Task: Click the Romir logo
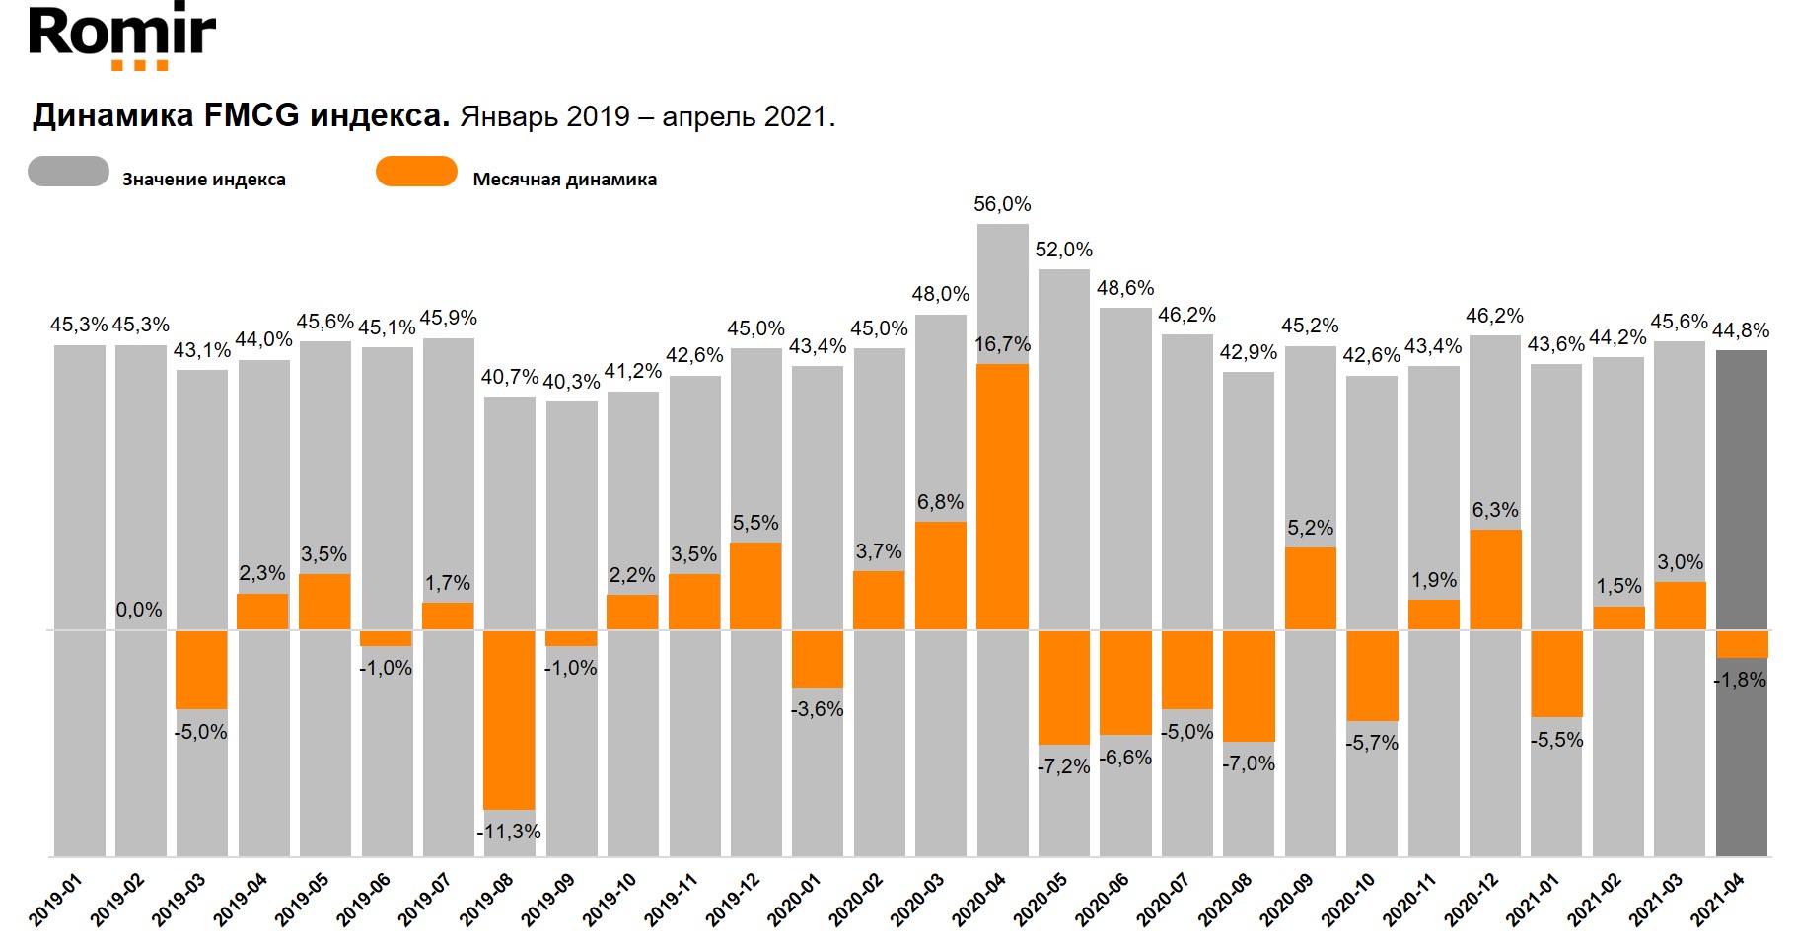[x=121, y=37]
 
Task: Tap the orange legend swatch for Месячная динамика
[x=416, y=172]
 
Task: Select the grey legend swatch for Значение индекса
[x=68, y=172]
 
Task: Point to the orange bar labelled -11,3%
[x=509, y=719]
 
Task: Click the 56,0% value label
[x=1002, y=205]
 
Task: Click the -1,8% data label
[x=1740, y=680]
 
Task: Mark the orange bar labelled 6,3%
[x=1495, y=579]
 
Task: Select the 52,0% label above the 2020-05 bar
[x=1063, y=251]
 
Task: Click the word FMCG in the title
[x=251, y=116]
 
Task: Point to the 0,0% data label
[x=139, y=610]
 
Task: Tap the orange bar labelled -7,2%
[x=1063, y=687]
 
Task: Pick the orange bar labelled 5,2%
[x=1310, y=588]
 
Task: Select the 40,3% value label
[x=571, y=382]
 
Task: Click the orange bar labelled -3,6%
[x=818, y=659]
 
